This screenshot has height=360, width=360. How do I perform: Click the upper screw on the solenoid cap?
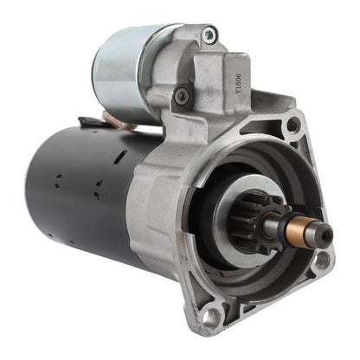[x=209, y=35]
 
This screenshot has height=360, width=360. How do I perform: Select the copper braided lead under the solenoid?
[x=121, y=125]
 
